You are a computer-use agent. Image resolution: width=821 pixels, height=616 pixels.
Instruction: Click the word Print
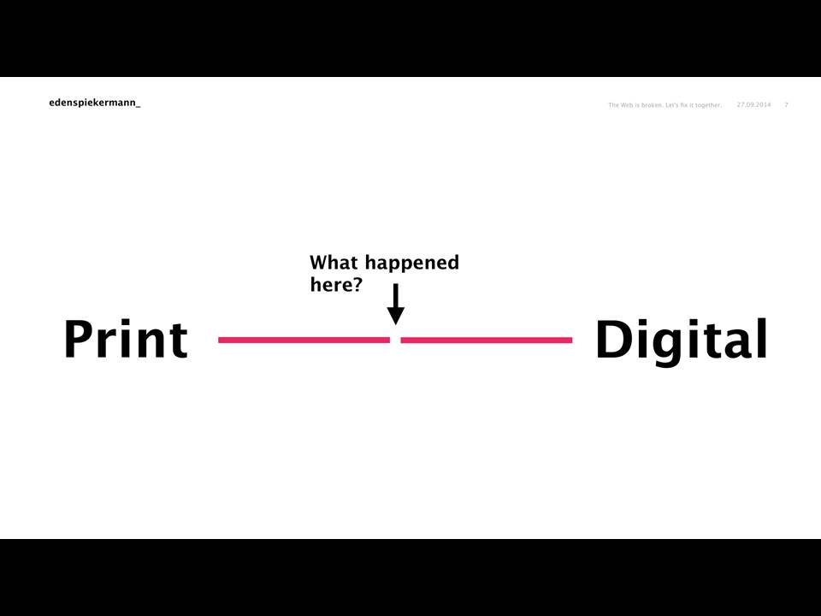pyautogui.click(x=126, y=339)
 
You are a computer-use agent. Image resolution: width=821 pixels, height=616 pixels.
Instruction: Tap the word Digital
pyautogui.click(x=682, y=341)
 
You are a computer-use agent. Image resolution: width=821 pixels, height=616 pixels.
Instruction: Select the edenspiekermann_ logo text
pyautogui.click(x=95, y=103)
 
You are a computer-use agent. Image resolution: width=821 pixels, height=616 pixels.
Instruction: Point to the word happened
pyautogui.click(x=412, y=264)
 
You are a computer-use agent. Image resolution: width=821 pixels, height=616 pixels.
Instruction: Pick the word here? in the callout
pyautogui.click(x=336, y=284)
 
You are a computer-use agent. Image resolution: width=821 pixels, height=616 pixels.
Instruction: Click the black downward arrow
pyautogui.click(x=396, y=305)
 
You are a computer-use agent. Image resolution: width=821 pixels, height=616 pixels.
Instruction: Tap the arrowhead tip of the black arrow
pyautogui.click(x=396, y=325)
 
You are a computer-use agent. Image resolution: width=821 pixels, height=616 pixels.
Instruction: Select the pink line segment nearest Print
pyautogui.click(x=304, y=340)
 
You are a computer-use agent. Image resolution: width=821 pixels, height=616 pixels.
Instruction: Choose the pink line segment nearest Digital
pyautogui.click(x=487, y=340)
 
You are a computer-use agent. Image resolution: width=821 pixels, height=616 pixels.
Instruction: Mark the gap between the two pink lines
pyautogui.click(x=395, y=340)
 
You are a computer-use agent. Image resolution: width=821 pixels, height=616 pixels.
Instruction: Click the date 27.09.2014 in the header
pyautogui.click(x=754, y=104)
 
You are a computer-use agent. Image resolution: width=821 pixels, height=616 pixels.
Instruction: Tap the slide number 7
pyautogui.click(x=786, y=104)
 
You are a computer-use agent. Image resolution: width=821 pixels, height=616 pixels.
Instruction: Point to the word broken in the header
pyautogui.click(x=652, y=105)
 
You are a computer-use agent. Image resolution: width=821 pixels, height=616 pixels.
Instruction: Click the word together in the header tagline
pyautogui.click(x=708, y=105)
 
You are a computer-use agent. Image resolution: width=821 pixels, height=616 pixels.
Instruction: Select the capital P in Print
pyautogui.click(x=78, y=339)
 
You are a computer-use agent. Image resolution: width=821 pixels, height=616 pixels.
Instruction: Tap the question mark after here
pyautogui.click(x=357, y=284)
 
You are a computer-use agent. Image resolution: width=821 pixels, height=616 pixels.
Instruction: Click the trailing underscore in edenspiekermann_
pyautogui.click(x=139, y=106)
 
